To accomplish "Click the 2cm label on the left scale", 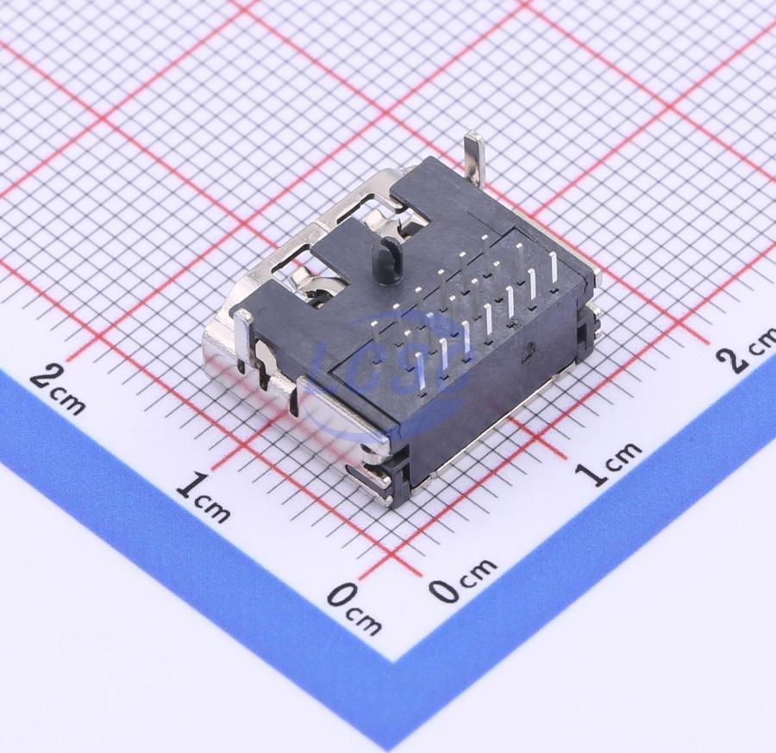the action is pos(58,389).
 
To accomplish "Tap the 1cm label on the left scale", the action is pos(203,497).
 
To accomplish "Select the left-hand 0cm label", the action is pos(354,608).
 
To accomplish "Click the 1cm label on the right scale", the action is pos(608,463).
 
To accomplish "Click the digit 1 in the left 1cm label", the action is pos(190,486).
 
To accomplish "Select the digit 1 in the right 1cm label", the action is pos(591,471).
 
